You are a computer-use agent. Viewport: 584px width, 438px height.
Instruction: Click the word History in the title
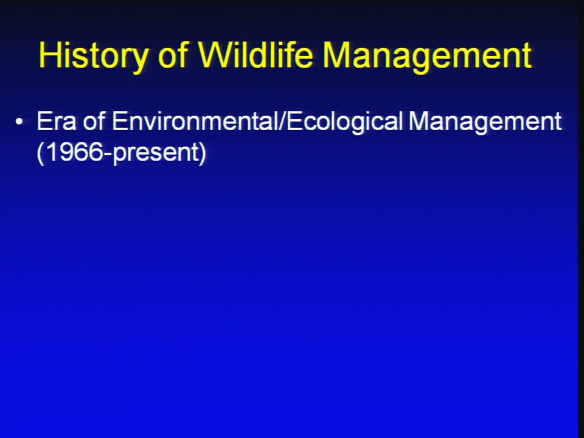point(93,55)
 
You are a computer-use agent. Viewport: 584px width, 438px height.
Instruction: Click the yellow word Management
point(427,57)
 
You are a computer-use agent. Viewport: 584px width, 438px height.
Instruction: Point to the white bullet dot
point(19,122)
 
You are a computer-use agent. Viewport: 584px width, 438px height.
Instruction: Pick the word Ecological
point(345,122)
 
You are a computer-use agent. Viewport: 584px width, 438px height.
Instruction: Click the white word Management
point(485,122)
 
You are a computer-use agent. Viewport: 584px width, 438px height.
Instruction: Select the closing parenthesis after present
point(203,153)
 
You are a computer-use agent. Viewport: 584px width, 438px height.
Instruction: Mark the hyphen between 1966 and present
point(108,154)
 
